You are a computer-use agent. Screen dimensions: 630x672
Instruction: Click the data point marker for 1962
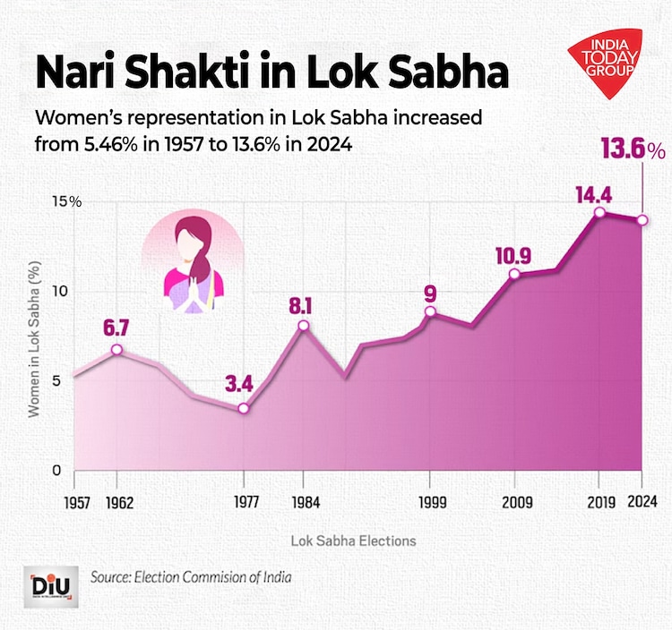click(x=116, y=350)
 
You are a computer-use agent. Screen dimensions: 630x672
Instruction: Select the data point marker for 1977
click(x=243, y=408)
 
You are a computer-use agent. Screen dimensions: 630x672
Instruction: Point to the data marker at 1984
click(x=303, y=325)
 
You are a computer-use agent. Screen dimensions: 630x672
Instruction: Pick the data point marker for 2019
click(x=599, y=212)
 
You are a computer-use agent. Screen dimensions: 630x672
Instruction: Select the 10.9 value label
click(x=513, y=255)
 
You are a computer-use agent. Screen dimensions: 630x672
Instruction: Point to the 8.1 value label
click(x=300, y=306)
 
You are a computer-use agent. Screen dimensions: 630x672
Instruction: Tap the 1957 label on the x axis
click(x=76, y=502)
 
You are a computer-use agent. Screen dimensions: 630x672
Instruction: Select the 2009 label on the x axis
click(x=514, y=502)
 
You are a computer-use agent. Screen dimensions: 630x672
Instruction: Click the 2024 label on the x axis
click(x=642, y=502)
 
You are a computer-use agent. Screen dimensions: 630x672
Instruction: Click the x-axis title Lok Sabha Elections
click(x=353, y=541)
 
